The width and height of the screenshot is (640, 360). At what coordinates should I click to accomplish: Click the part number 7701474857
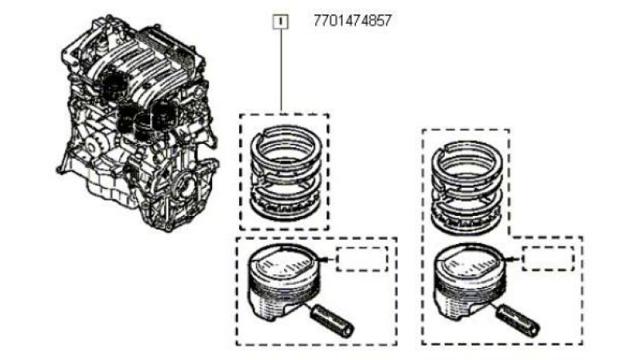[352, 21]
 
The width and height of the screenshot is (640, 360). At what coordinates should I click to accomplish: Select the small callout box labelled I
[281, 22]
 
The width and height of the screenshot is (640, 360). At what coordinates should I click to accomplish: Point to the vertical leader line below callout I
[281, 70]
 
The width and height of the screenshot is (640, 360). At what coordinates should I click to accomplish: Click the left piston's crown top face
[284, 262]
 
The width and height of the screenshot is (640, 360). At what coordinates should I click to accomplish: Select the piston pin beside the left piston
[333, 321]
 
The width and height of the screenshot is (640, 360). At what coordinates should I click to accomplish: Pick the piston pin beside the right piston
[518, 321]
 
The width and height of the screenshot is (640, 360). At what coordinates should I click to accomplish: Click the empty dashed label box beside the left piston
[362, 258]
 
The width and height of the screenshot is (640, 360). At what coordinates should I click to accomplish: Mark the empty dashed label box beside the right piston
[548, 258]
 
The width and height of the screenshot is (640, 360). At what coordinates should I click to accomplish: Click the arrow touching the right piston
[513, 258]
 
